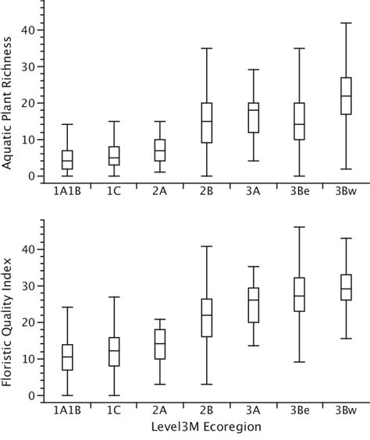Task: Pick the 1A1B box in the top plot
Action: (67, 160)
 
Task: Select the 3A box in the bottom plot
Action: (252, 305)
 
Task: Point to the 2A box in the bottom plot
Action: (160, 344)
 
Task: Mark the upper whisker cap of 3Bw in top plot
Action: (340, 23)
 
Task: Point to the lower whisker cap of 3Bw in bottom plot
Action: (340, 339)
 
